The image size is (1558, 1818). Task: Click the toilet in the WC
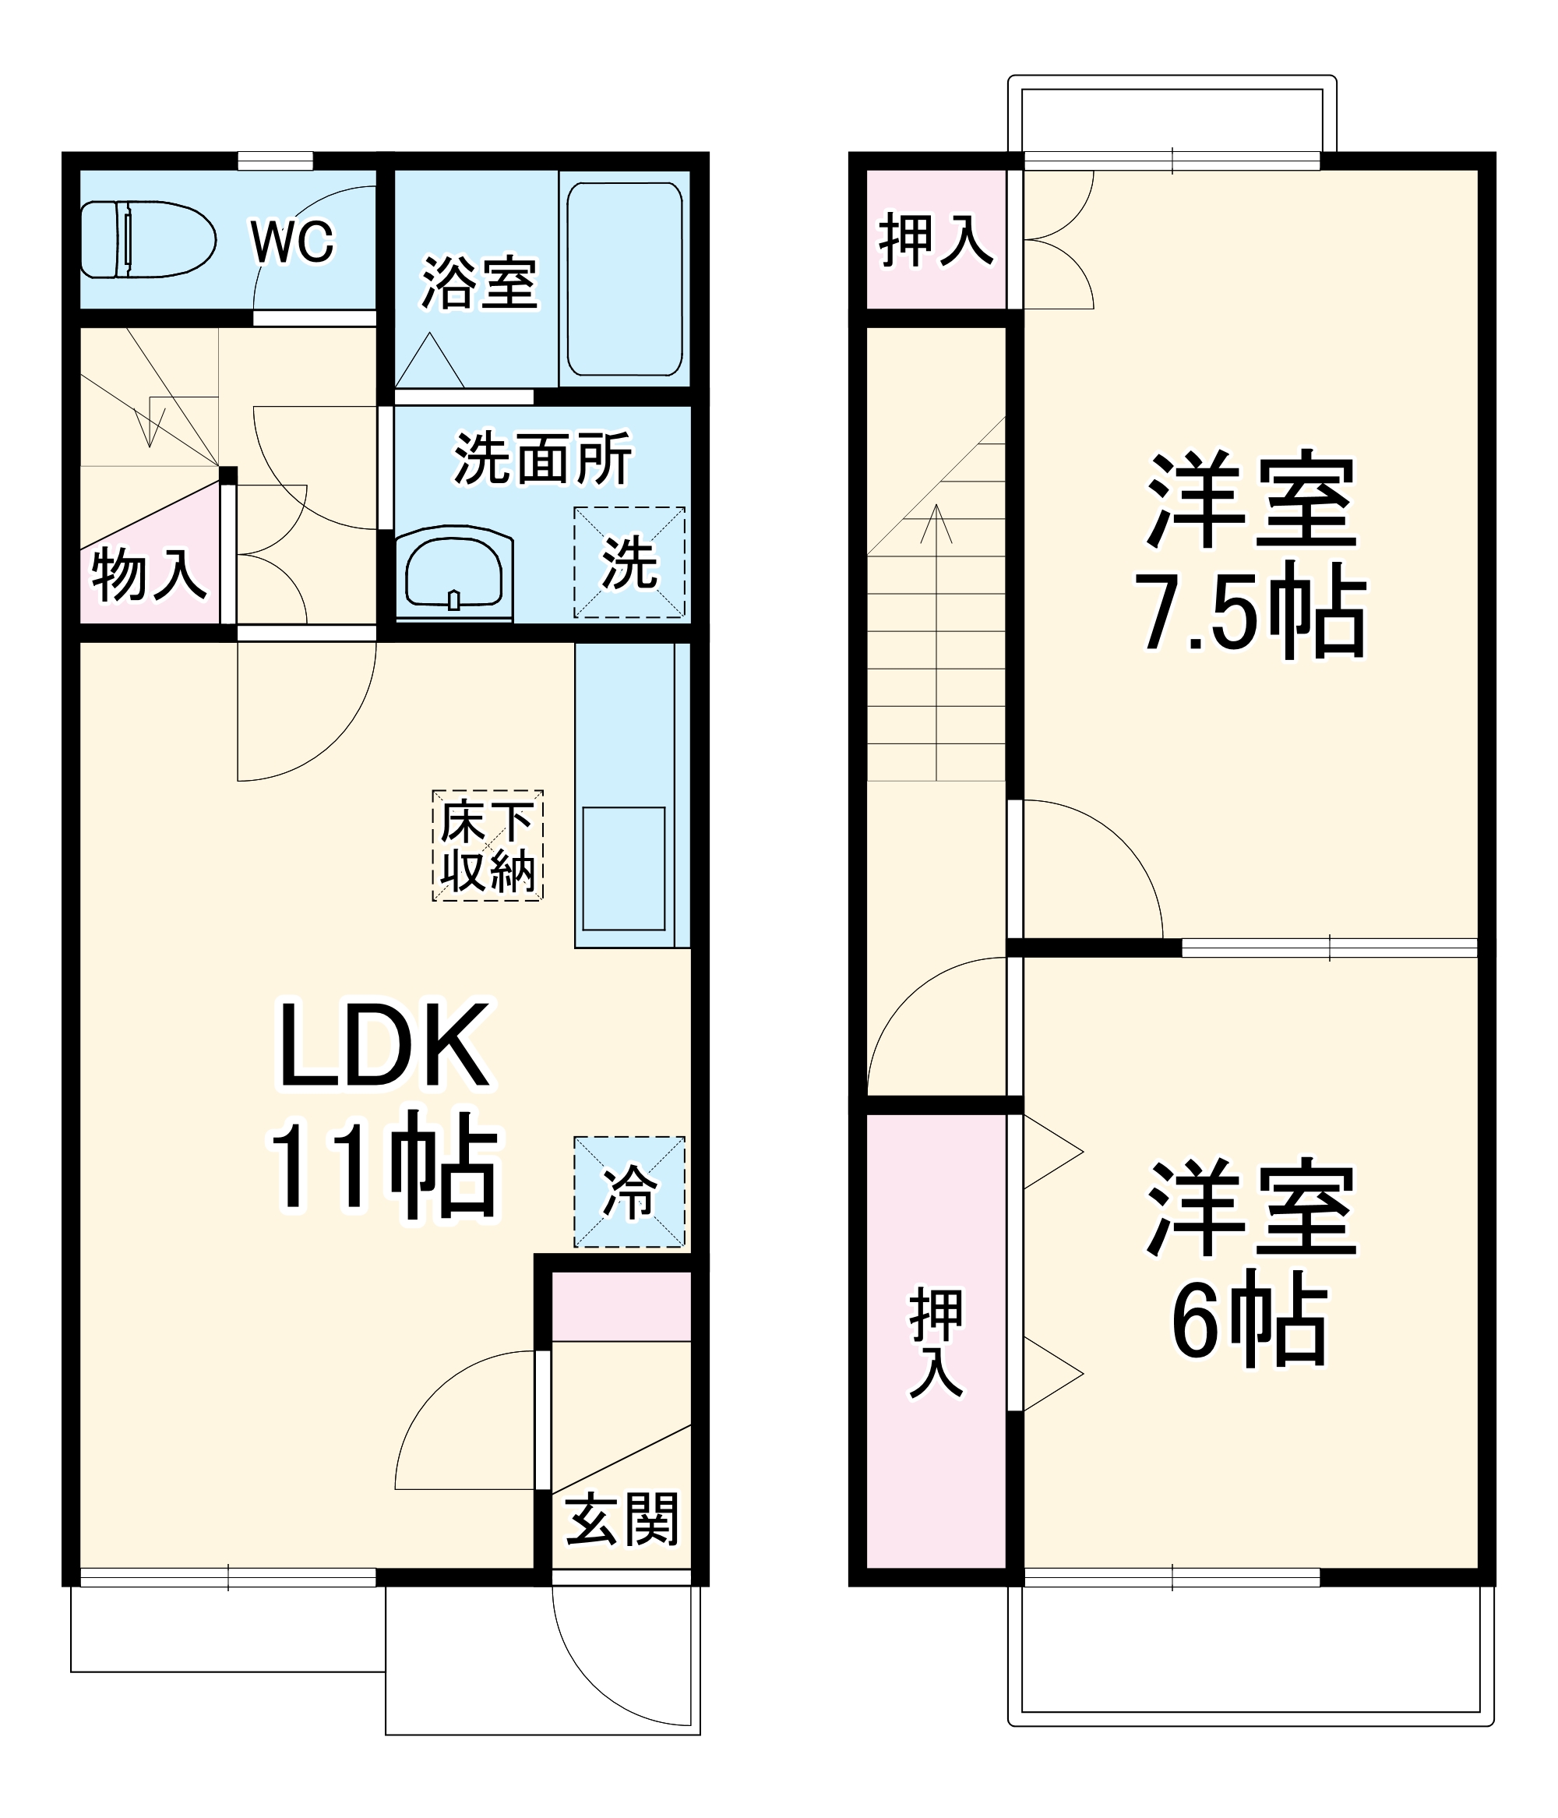[147, 239]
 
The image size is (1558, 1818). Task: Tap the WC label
[292, 242]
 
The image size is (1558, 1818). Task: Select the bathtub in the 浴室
[624, 279]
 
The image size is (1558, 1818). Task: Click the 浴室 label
[479, 283]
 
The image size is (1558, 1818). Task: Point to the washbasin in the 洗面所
[453, 572]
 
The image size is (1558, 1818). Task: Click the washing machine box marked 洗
[629, 563]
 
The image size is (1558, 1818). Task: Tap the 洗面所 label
[542, 458]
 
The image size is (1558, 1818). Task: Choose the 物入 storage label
[149, 575]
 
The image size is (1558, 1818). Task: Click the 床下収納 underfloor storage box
[488, 845]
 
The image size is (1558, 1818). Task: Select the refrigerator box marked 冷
[629, 1192]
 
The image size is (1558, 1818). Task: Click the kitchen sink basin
[624, 869]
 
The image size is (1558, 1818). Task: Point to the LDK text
[383, 1045]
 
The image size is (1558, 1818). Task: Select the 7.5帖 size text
[1250, 611]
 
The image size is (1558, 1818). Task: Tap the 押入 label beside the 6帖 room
[936, 1342]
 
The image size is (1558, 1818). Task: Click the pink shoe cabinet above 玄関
[621, 1304]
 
